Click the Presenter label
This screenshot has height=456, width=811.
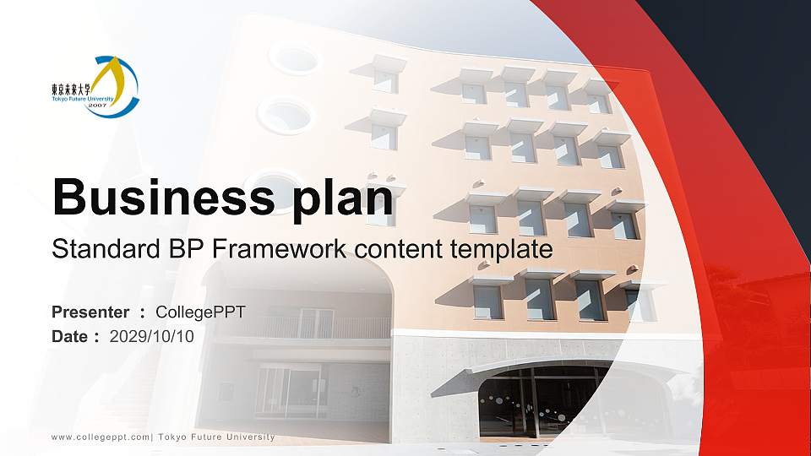click(90, 312)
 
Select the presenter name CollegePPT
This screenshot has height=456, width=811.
click(206, 312)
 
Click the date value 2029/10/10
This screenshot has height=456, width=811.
click(152, 336)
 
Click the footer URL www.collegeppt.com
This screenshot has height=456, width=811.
click(99, 437)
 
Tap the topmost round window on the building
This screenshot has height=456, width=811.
click(294, 57)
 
